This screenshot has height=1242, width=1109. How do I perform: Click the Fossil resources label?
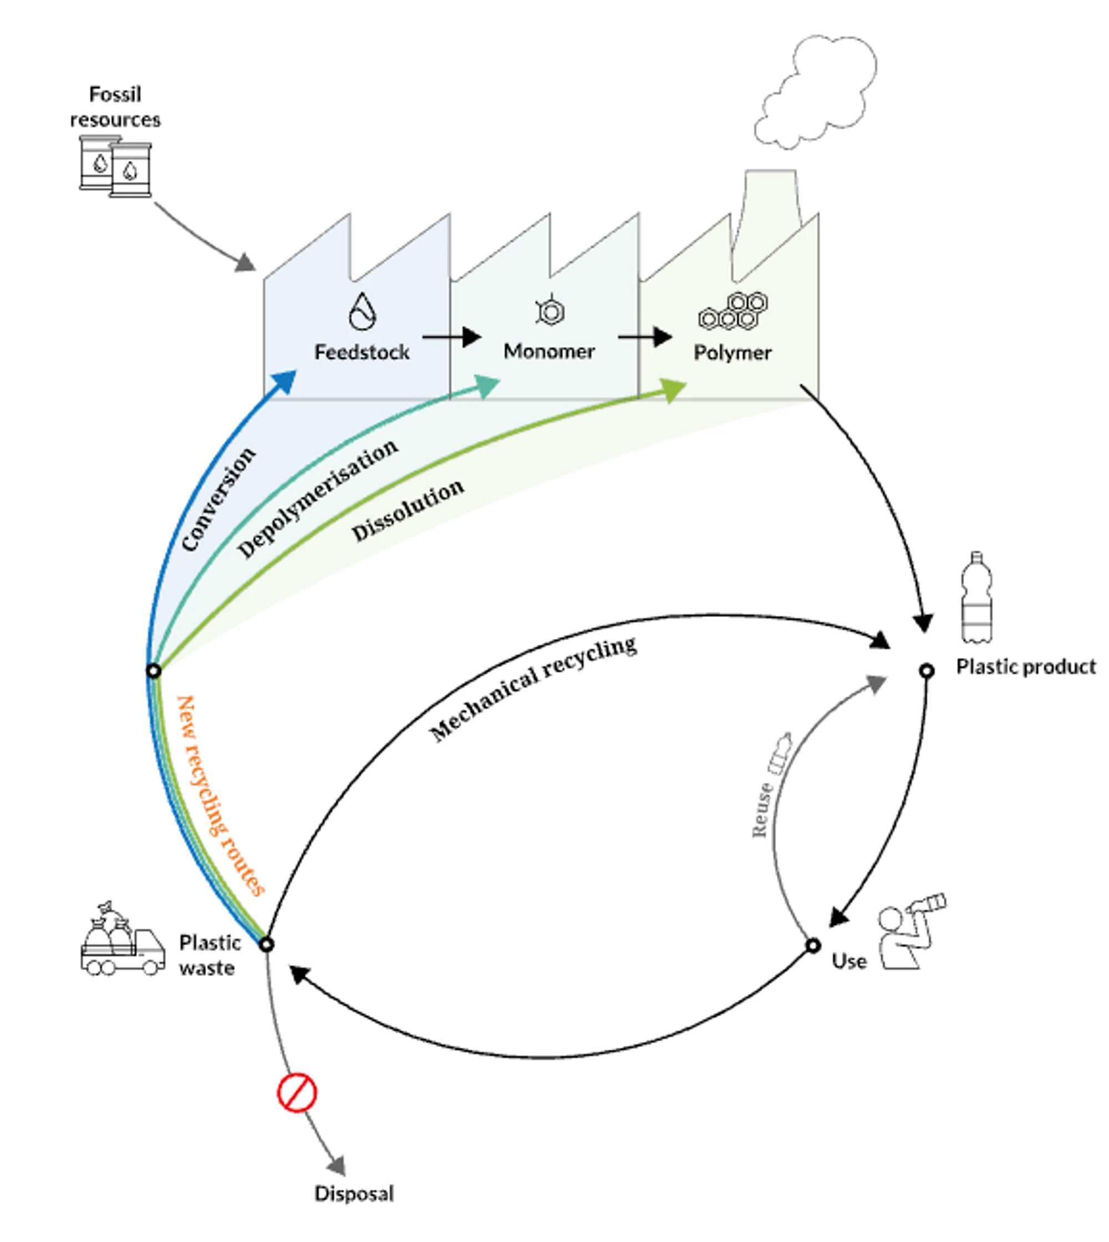coord(115,107)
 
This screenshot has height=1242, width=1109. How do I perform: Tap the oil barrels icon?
coord(116,166)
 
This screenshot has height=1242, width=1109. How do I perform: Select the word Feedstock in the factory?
coord(362,352)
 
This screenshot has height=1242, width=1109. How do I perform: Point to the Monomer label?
coord(549,351)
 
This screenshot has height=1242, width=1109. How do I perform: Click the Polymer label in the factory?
coord(732,352)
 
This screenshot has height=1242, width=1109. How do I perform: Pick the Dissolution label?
coord(408,510)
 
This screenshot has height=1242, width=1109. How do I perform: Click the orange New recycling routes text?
coord(220,795)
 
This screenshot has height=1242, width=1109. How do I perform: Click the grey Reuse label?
coord(762,810)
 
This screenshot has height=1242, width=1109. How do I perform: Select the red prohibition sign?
coord(297,1093)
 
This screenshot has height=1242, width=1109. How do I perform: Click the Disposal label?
coord(354,1193)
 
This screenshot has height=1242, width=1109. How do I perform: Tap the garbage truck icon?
coord(122,941)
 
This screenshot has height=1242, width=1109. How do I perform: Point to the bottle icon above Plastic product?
coord(976,597)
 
